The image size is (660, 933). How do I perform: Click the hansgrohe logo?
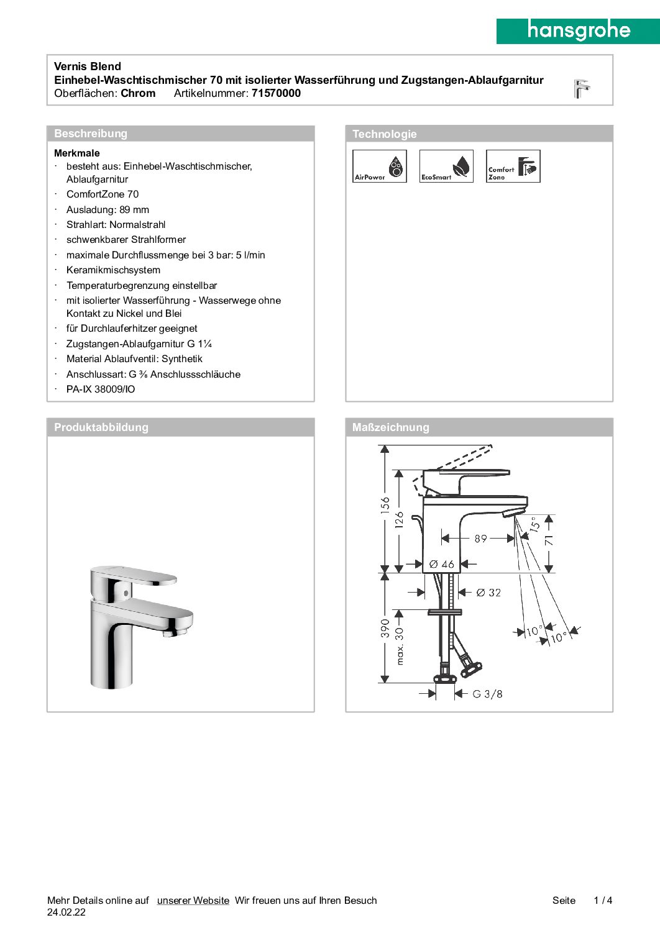pos(578,30)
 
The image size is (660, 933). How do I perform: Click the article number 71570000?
pos(276,93)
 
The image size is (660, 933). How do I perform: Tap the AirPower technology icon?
pos(379,166)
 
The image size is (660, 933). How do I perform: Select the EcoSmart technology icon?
pos(446,166)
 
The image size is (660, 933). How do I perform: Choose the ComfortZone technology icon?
pos(513,166)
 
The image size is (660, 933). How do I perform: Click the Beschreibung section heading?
pos(91,134)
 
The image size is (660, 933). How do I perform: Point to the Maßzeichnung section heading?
pos(390,427)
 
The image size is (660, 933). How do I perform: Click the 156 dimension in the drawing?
pos(385,504)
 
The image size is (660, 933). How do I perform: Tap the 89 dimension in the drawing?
pos(480,539)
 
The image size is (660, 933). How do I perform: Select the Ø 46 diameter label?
pos(442,565)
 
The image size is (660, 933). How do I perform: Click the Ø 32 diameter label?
pos(488,593)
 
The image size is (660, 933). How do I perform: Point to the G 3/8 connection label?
pos(487,694)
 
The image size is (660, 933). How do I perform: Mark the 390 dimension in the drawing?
pos(385,628)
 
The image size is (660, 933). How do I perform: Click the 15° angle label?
pos(535,525)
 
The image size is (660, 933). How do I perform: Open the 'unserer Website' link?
pos(193,900)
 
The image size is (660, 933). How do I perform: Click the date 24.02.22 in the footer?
pos(66,913)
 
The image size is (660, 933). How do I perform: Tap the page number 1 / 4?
pos(603,900)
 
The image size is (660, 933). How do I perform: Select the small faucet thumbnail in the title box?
pos(581,88)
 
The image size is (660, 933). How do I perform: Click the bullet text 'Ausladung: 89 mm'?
pos(108,210)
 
